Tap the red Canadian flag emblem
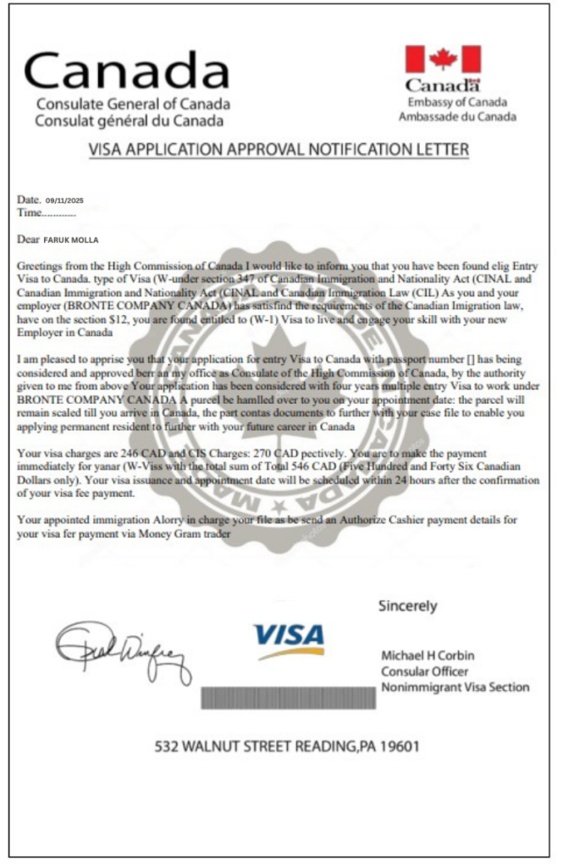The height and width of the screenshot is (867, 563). coord(442,59)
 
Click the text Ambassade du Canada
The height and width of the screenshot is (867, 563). coord(457,116)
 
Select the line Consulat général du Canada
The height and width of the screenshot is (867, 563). coord(130,120)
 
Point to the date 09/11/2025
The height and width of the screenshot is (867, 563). coord(64,201)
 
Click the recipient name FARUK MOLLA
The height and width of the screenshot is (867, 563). coord(76,240)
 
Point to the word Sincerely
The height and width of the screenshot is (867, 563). coord(407,606)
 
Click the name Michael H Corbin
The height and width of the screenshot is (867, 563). coord(428,656)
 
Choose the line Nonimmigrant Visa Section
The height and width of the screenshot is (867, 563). coord(455,687)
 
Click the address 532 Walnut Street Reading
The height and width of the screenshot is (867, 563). coord(254,747)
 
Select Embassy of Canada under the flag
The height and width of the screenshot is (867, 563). coord(457,102)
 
